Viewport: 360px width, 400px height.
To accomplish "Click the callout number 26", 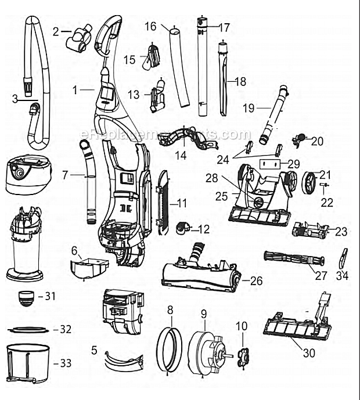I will click(256, 281).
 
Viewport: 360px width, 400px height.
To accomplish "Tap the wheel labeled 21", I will click(309, 182).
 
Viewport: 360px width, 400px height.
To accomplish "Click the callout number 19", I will click(248, 107).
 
